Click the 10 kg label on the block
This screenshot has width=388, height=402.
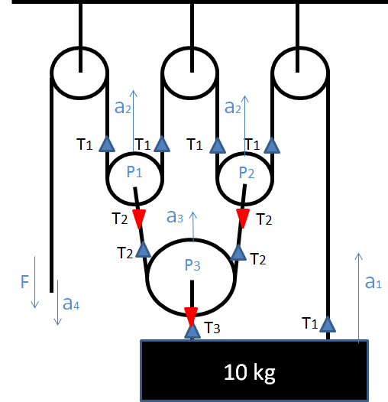(x=249, y=373)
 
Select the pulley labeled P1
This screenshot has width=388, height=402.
(x=134, y=173)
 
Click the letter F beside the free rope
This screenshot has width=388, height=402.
(x=24, y=284)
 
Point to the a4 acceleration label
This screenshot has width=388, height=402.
(x=71, y=303)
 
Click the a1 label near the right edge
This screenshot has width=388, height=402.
(x=373, y=283)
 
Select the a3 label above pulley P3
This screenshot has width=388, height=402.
(x=175, y=217)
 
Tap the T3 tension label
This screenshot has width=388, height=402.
(x=214, y=329)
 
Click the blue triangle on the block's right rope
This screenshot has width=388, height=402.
(x=328, y=324)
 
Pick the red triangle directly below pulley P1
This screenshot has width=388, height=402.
(x=139, y=219)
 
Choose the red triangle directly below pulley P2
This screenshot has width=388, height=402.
(x=243, y=219)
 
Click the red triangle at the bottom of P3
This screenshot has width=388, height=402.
(x=191, y=315)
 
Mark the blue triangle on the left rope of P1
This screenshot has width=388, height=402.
(x=107, y=143)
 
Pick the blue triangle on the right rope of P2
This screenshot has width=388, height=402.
(x=273, y=143)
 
